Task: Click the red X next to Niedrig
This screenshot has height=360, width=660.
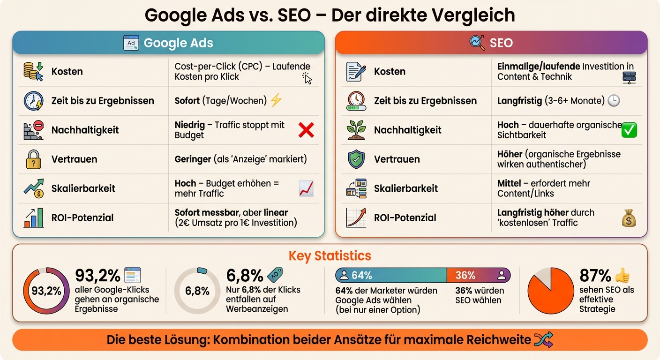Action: click(306, 130)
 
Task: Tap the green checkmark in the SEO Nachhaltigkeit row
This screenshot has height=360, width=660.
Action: click(629, 130)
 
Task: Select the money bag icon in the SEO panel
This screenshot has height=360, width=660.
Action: click(629, 218)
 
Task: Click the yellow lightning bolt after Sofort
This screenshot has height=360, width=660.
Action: click(277, 100)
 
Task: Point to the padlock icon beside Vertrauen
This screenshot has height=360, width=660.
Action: click(34, 159)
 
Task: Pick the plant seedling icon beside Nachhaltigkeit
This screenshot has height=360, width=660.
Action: click(356, 130)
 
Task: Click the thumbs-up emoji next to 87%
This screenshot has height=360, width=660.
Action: click(622, 275)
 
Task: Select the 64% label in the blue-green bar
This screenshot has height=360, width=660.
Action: click(361, 275)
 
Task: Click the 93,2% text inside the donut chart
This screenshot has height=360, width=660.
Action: click(46, 291)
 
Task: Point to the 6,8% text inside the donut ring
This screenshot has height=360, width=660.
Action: click(197, 291)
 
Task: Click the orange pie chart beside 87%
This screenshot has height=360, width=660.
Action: click(551, 291)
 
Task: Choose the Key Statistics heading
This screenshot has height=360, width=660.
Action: click(330, 256)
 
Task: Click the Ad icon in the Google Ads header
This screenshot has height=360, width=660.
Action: click(131, 43)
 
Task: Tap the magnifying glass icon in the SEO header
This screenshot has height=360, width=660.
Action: click(477, 43)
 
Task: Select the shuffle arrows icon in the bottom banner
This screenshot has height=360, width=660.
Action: click(544, 340)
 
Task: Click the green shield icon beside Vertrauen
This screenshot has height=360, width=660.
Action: click(356, 159)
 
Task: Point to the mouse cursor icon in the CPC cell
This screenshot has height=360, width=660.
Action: click(307, 78)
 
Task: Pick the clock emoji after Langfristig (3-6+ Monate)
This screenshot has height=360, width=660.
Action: click(614, 100)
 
